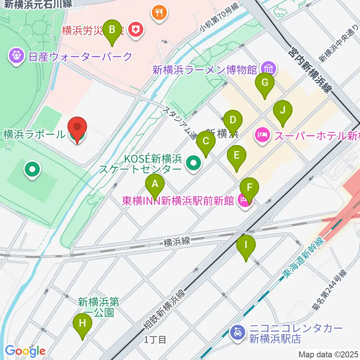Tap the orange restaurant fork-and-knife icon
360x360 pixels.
[x=160, y=13]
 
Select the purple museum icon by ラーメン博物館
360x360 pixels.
[x=268, y=69]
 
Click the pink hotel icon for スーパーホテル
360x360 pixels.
[x=262, y=134]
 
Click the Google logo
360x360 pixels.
[x=25, y=351]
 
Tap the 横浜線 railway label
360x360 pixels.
[x=177, y=242]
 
